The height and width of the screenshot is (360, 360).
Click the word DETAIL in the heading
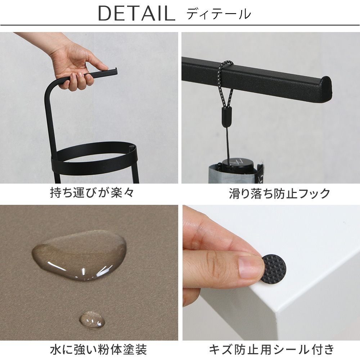tap(136, 14)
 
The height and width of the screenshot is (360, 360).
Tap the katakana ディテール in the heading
tap(219, 14)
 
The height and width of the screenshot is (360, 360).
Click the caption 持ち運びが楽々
tap(92, 192)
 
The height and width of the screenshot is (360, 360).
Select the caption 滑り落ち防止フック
tap(279, 193)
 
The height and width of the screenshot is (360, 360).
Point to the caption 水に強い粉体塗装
tap(98, 350)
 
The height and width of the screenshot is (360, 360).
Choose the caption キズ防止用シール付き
tap(271, 350)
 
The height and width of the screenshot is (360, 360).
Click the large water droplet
tap(80, 255)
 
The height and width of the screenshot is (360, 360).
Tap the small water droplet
tap(92, 320)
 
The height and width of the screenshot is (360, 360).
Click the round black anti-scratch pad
tap(274, 268)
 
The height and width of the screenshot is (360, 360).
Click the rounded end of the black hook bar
tap(326, 89)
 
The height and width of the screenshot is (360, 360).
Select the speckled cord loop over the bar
tap(225, 84)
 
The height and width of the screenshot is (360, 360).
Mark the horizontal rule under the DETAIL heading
tap(180, 25)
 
